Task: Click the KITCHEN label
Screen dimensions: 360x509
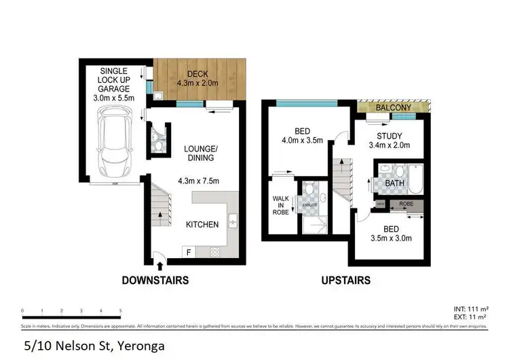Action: (x=203, y=223)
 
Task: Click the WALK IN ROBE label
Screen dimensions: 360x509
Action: (x=280, y=204)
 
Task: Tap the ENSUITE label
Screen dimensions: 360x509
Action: (x=310, y=204)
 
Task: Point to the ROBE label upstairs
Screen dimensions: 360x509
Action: (x=406, y=203)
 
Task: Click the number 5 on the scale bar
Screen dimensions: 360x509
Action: (x=120, y=310)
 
